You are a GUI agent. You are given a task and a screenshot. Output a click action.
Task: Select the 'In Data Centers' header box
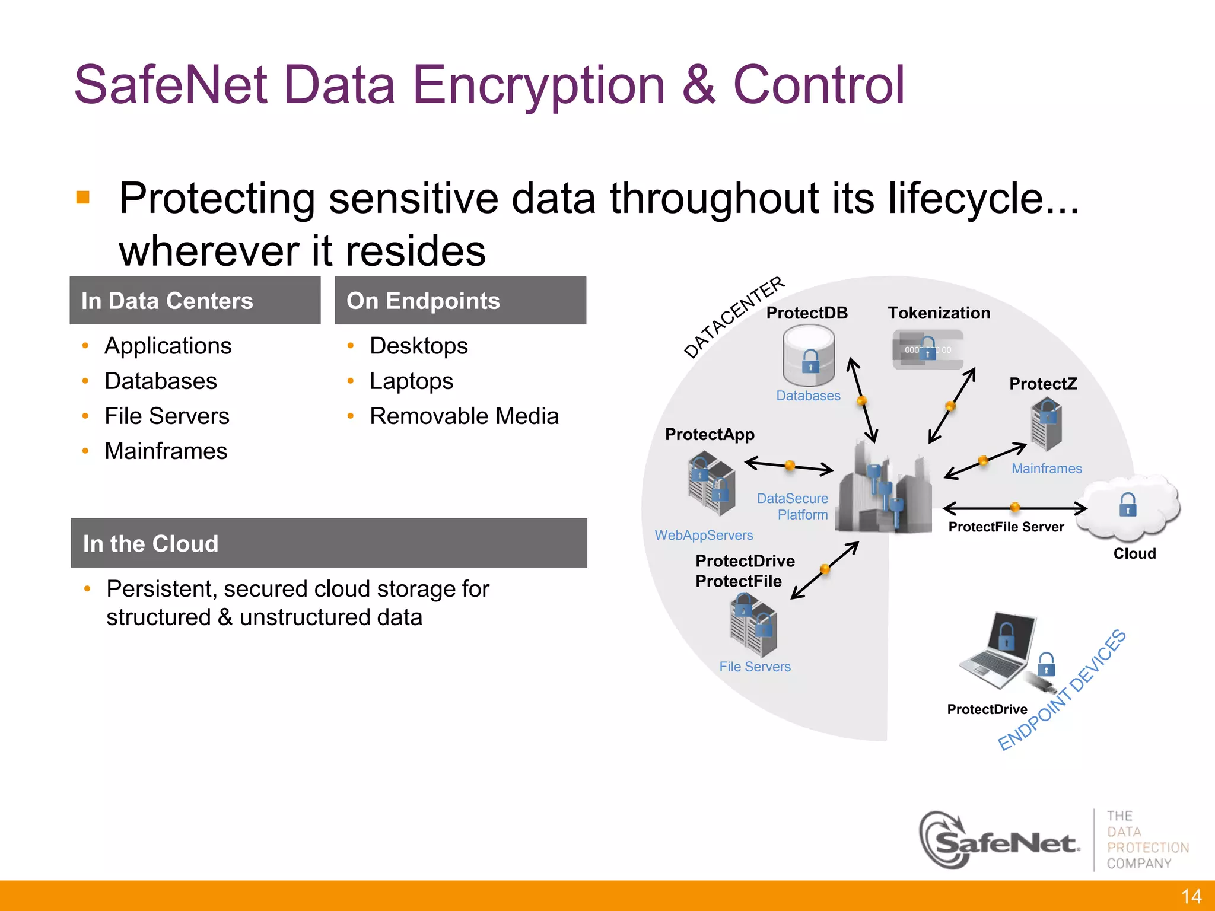click(x=195, y=301)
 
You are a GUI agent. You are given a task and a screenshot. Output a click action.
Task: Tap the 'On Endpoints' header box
click(x=460, y=301)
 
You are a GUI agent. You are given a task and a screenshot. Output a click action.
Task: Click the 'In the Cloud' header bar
click(x=329, y=543)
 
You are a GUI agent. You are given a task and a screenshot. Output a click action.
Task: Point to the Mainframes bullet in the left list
click(x=166, y=451)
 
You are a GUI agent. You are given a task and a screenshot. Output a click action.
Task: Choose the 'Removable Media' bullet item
click(x=464, y=416)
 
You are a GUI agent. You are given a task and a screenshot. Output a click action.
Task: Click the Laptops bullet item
click(x=411, y=381)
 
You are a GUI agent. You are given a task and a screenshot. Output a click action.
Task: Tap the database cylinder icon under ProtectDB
click(x=809, y=358)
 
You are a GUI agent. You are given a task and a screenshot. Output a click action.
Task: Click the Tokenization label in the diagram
click(x=939, y=313)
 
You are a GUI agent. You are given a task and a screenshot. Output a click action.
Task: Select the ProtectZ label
click(x=1043, y=384)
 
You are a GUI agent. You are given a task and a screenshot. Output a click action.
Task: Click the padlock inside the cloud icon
click(x=1127, y=505)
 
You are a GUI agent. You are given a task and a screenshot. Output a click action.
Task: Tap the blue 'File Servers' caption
click(x=755, y=667)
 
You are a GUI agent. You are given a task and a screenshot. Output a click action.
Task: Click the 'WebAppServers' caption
click(x=704, y=535)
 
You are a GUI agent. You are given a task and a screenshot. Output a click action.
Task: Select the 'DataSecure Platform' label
click(x=793, y=507)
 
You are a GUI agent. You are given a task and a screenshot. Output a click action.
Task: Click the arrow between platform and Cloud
click(x=1014, y=508)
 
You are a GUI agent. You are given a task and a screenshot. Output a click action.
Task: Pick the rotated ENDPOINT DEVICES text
click(x=1061, y=690)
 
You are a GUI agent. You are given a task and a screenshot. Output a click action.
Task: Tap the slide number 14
click(x=1191, y=896)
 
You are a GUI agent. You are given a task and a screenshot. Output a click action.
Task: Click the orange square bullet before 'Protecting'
click(x=83, y=198)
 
